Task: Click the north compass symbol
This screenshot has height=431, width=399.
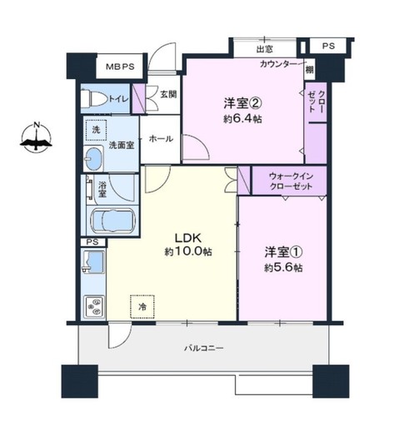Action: tap(36, 137)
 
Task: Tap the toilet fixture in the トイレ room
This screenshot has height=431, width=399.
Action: tap(95, 98)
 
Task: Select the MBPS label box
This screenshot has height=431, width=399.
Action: tap(120, 67)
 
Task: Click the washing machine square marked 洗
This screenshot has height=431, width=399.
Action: tap(96, 130)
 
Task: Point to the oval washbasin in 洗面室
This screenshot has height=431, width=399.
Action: tap(93, 159)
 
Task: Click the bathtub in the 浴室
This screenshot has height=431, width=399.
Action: tap(112, 221)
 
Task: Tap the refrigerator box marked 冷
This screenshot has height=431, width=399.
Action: tap(142, 306)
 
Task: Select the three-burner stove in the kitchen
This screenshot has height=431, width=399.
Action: tap(94, 306)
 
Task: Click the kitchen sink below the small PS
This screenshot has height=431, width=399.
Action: tap(93, 262)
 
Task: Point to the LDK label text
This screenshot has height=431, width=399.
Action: tap(187, 238)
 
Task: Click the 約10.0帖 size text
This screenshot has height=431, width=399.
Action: tap(188, 251)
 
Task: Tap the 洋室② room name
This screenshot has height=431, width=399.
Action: tap(243, 104)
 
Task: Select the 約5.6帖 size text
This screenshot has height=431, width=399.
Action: tap(283, 268)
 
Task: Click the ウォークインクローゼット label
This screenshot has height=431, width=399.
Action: tap(291, 181)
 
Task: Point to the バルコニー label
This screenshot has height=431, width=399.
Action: tap(204, 348)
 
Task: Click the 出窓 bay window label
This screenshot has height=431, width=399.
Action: tap(264, 49)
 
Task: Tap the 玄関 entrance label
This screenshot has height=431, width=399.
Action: tap(168, 94)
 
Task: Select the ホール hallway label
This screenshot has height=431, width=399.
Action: tap(161, 138)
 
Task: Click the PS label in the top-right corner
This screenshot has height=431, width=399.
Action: tap(328, 46)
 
